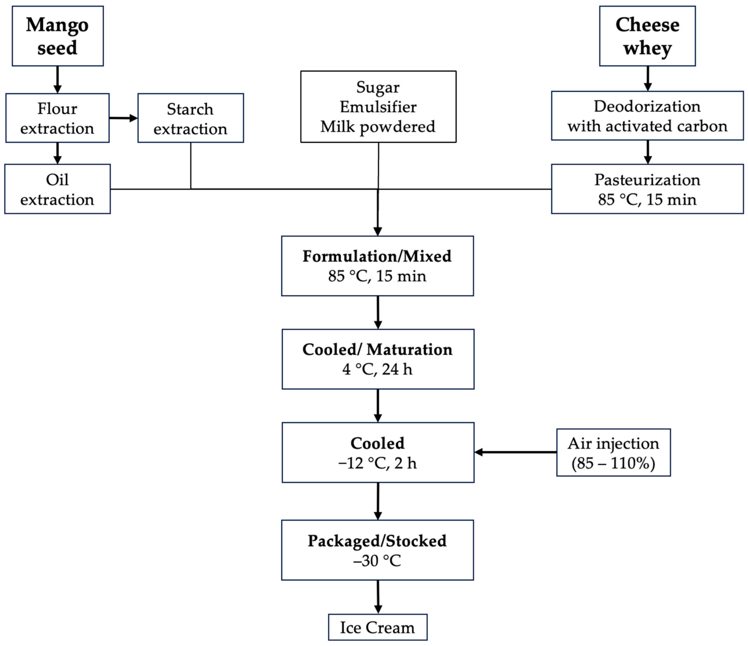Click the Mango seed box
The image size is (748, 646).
(58, 36)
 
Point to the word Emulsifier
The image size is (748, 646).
(378, 107)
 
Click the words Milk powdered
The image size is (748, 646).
(378, 127)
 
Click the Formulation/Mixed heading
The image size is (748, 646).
(377, 256)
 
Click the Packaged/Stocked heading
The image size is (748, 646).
(377, 541)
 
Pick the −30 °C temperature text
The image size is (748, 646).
(377, 561)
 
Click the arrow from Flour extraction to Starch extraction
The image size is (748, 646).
(123, 118)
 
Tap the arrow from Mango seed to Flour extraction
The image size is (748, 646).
(57, 79)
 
